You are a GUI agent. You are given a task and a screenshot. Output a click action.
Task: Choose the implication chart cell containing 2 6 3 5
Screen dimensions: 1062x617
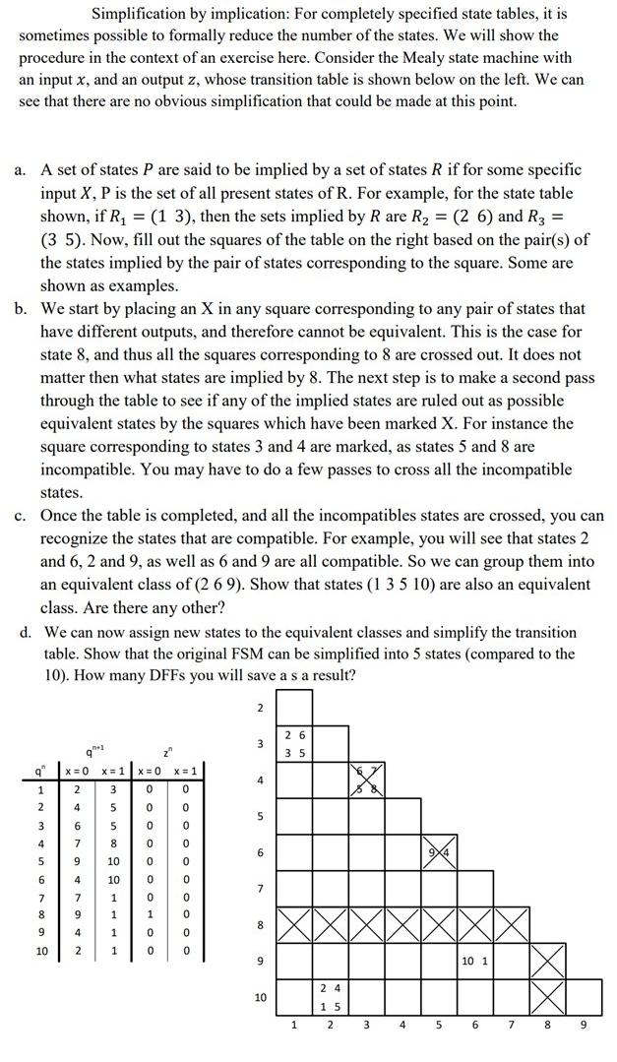294,743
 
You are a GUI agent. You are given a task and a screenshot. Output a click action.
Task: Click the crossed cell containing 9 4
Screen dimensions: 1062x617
438,851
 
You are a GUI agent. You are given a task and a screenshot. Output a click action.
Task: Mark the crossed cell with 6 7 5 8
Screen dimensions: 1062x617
366,780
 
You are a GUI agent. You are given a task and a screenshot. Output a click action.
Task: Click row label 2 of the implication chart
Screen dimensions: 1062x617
260,708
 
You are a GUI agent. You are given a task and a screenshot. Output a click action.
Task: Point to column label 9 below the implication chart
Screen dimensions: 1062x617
583,1025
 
